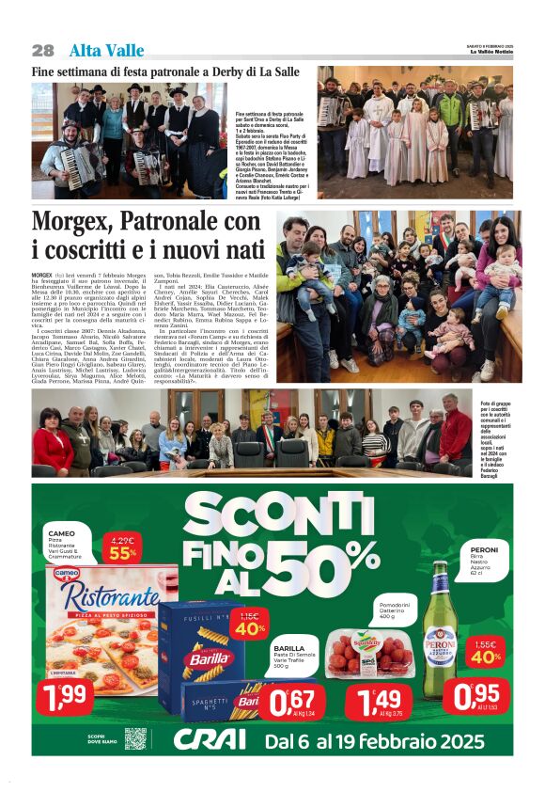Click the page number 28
click(x=42, y=50)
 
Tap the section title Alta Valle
click(x=106, y=50)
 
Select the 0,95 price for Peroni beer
click(x=481, y=697)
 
